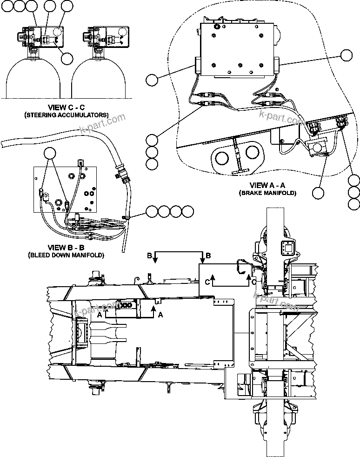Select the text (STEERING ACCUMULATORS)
[x=66, y=114]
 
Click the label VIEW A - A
[x=267, y=185]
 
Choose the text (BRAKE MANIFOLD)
[x=267, y=192]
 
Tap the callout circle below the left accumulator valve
[x=67, y=58]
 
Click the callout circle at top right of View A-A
[x=346, y=55]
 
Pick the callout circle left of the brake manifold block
[x=152, y=80]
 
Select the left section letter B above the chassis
[x=149, y=256]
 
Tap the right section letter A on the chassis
[x=161, y=315]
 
